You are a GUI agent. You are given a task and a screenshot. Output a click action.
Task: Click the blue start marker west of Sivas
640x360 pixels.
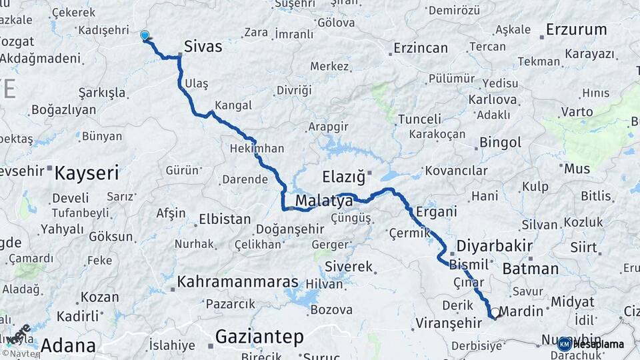coord(145,35)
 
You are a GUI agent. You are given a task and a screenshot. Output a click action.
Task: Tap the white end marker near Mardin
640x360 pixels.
coord(494,314)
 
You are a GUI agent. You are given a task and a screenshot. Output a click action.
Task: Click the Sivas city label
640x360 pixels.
coord(203,47)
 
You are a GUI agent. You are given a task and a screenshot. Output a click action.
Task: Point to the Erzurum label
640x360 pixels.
coord(576,29)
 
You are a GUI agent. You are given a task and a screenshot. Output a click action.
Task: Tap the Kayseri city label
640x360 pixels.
coord(87,173)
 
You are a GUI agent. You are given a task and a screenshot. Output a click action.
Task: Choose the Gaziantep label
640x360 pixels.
coord(260,336)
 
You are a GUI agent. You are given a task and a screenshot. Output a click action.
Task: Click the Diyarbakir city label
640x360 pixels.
coord(494,245)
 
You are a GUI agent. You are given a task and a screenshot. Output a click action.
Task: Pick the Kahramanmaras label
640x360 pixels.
coord(237,282)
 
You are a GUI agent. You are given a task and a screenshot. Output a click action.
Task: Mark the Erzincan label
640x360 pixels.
coord(421,48)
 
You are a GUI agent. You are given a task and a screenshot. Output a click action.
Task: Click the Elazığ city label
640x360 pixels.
coord(344,177)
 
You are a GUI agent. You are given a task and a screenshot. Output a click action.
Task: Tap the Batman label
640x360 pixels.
coord(531,269)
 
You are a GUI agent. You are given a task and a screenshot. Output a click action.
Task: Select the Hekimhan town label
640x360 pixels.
coord(257,148)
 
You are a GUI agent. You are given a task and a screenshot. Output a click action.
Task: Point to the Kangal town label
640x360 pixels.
coord(233,105)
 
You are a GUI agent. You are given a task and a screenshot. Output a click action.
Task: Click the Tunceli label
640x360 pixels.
coord(419,119)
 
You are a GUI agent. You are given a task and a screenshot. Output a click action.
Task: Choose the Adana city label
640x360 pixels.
coord(68,345)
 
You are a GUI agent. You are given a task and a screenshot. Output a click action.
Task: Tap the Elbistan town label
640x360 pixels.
coord(225,219)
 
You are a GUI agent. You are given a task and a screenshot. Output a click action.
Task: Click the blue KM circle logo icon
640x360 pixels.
coord(564,344)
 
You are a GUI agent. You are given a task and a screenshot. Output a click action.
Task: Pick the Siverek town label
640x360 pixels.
coord(349,267)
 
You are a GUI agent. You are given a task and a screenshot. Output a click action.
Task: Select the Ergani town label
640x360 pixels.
coord(436,212)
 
